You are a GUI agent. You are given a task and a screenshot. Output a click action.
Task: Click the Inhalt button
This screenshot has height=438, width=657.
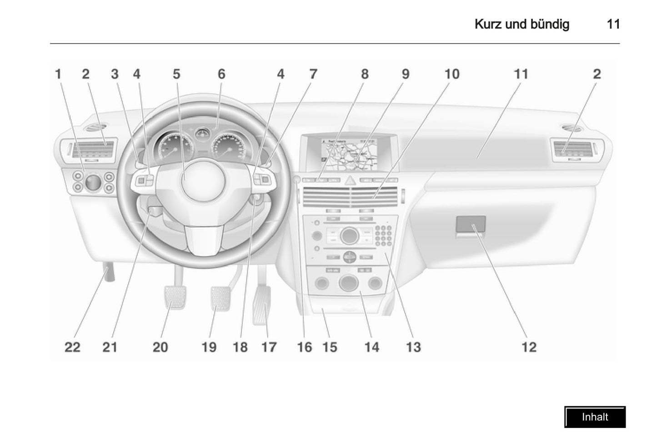tap(595, 417)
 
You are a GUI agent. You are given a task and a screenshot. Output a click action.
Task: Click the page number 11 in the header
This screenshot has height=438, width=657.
tap(613, 25)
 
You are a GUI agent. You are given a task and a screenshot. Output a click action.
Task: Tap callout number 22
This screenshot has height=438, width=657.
tap(72, 347)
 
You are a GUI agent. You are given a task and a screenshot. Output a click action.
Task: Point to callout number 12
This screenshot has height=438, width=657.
tap(529, 347)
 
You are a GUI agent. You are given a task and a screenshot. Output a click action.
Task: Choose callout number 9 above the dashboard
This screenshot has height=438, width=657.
tap(405, 74)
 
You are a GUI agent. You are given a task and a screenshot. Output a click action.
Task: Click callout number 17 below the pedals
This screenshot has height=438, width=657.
tap(269, 347)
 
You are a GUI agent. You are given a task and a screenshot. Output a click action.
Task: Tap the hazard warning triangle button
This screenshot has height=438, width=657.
tap(350, 181)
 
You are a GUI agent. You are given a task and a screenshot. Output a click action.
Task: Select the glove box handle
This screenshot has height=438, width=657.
tap(471, 225)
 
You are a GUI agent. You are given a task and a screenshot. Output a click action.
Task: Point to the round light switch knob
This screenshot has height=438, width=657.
tap(93, 182)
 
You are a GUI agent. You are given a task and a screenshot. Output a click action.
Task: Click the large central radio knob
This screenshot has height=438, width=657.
tap(349, 235)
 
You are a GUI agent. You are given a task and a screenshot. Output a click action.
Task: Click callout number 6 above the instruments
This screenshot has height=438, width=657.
tap(221, 74)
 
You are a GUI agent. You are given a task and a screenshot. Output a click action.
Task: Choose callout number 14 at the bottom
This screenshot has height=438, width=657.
tap(371, 347)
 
